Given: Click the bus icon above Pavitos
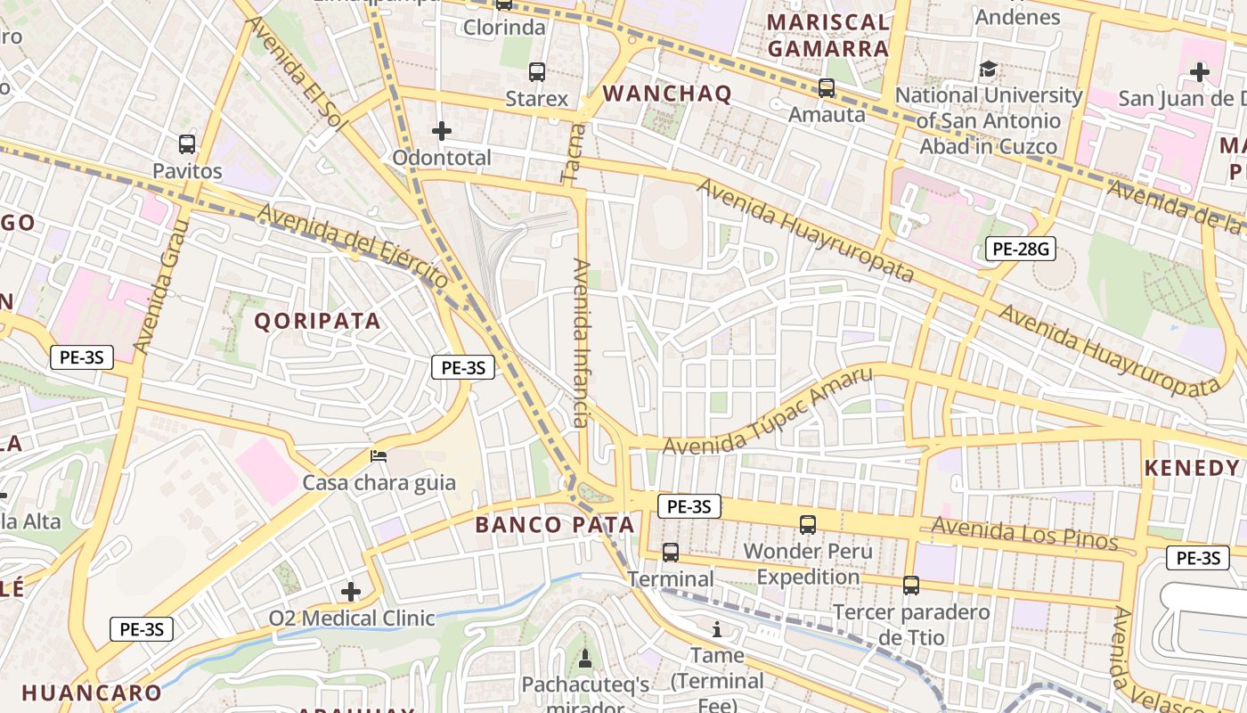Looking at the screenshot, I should (x=187, y=143).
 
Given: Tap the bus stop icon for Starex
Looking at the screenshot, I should (x=536, y=72).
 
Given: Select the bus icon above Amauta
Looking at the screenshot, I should (x=827, y=88).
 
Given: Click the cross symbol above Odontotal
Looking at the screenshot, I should (x=442, y=132).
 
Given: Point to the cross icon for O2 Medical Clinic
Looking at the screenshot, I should (x=351, y=591).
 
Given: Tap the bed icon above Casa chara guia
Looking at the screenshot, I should (x=379, y=456).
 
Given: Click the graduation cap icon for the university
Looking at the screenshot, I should (x=988, y=69).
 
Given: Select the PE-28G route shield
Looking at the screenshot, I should (x=1020, y=249).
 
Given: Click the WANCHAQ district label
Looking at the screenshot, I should (x=667, y=94).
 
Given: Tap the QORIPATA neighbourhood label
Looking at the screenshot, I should (x=318, y=321).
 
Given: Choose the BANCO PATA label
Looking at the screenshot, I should (x=555, y=525).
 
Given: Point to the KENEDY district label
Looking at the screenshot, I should (x=1191, y=468).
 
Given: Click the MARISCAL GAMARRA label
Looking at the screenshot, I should (x=828, y=36).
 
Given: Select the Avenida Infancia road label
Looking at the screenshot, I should (x=582, y=343).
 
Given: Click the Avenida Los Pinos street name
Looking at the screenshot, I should (x=1024, y=533).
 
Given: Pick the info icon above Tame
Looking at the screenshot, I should (x=717, y=630).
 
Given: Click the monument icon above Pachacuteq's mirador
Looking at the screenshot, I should (x=585, y=659).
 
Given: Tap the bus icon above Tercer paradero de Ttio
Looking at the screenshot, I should (x=910, y=586).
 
